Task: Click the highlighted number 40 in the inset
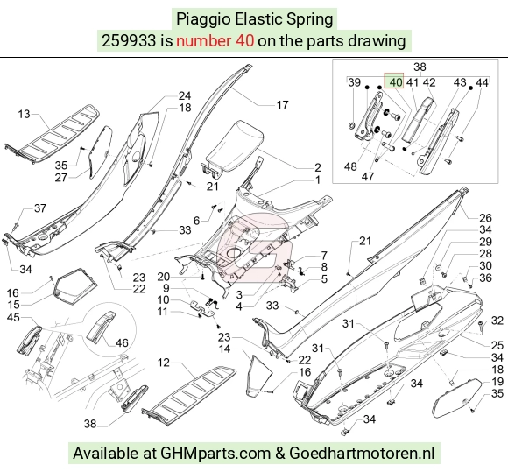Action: [x=396, y=82]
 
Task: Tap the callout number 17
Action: [x=282, y=104]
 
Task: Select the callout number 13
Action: [x=24, y=114]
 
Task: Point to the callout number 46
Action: [x=122, y=342]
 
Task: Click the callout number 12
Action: [x=164, y=363]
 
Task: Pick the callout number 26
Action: [x=485, y=218]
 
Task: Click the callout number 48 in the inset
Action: [x=350, y=166]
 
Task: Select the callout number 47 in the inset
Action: [x=367, y=177]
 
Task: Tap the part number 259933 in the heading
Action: [x=129, y=41]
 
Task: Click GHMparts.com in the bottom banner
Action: [x=215, y=453]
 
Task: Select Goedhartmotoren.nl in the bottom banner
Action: [x=362, y=453]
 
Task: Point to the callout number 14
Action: [x=224, y=349]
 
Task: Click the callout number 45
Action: [x=13, y=318]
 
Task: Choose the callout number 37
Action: [x=40, y=208]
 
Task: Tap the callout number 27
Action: [x=61, y=178]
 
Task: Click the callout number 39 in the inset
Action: [x=354, y=82]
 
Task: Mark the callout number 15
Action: [x=13, y=305]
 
